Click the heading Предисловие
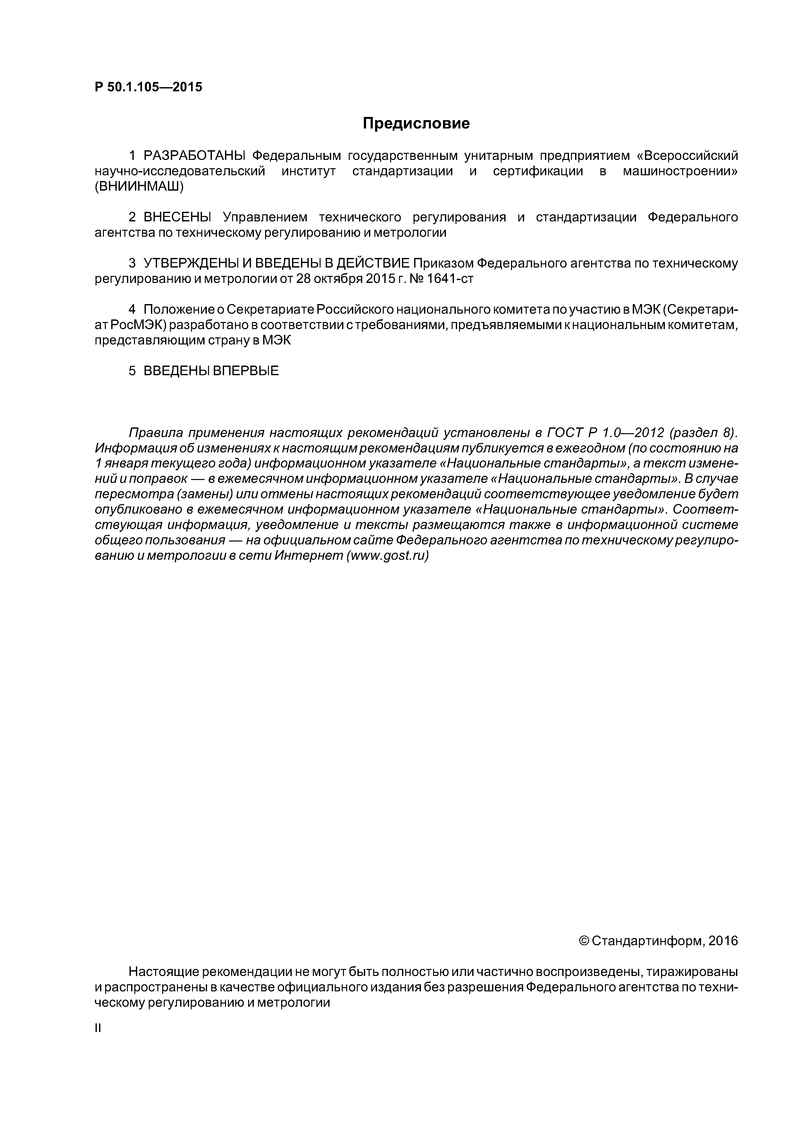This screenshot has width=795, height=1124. tap(416, 123)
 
